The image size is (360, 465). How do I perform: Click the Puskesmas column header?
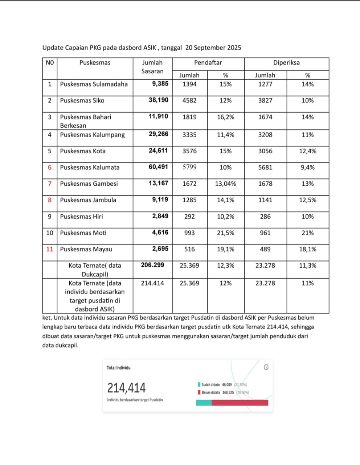click(95, 62)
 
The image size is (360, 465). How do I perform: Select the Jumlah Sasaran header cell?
click(152, 67)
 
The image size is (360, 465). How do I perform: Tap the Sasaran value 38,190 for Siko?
click(158, 100)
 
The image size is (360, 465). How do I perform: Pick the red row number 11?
click(50, 249)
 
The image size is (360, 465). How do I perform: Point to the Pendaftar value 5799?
click(189, 167)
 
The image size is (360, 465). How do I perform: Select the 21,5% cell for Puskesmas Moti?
click(225, 233)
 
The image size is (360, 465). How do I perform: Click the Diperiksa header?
click(286, 62)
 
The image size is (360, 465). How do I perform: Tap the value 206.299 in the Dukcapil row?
click(152, 265)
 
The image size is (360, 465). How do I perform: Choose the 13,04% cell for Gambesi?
click(225, 184)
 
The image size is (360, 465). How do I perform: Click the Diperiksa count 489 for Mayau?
click(265, 249)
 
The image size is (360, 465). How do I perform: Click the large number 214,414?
click(126, 388)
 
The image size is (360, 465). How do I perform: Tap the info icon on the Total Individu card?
click(266, 367)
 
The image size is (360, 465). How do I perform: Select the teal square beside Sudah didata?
click(199, 384)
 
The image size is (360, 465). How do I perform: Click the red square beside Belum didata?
click(199, 392)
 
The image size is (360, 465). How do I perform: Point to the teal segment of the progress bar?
click(204, 403)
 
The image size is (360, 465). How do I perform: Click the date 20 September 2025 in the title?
click(213, 48)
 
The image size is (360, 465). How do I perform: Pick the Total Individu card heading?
click(118, 368)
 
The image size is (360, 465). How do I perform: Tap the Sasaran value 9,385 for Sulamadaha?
click(160, 84)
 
